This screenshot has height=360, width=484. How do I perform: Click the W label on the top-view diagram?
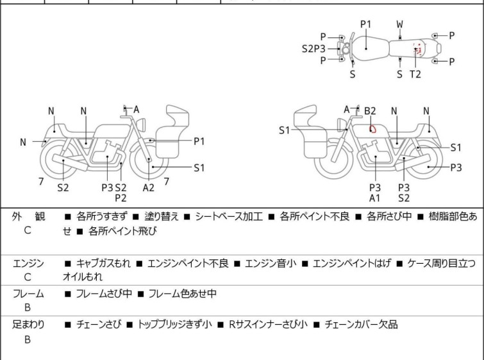399,24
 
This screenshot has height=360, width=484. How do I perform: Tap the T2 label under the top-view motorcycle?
415,74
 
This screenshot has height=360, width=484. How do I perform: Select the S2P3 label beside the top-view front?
314,48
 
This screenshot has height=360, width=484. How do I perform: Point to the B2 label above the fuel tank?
371,111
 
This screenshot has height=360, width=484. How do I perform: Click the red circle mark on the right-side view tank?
371,128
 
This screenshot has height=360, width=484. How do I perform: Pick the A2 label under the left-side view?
149,187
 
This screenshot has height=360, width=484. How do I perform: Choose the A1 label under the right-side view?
375,198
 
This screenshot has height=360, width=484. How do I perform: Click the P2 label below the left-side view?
121,198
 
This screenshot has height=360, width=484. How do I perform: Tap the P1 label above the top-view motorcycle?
365,24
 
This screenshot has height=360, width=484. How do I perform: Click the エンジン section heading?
28,263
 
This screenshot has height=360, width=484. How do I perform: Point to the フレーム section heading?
28,294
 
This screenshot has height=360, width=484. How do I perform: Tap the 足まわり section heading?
28,325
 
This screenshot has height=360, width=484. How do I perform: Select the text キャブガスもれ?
102,263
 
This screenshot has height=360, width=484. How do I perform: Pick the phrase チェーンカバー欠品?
361,325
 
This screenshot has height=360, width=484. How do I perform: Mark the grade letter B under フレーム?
28,309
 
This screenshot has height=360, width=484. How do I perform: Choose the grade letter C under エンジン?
28,278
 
